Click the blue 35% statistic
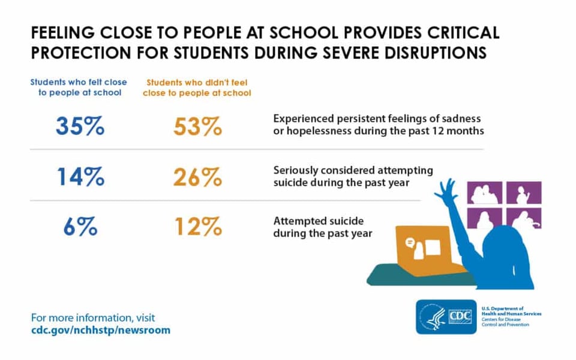(x=80, y=127)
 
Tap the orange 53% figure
(x=197, y=127)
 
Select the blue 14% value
(x=81, y=176)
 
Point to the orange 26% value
(x=197, y=177)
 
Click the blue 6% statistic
(x=80, y=226)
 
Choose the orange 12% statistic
(x=199, y=226)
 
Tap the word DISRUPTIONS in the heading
(x=436, y=53)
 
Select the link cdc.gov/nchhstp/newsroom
(x=101, y=330)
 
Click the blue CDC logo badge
(x=446, y=317)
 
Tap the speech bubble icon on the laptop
(x=410, y=242)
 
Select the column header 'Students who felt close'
(x=79, y=82)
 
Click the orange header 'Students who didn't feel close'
(x=197, y=88)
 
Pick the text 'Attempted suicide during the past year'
(x=323, y=227)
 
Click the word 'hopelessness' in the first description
(x=319, y=131)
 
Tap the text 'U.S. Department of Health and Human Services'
(x=511, y=311)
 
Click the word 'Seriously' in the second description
(x=295, y=171)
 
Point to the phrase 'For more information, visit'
(x=93, y=317)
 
